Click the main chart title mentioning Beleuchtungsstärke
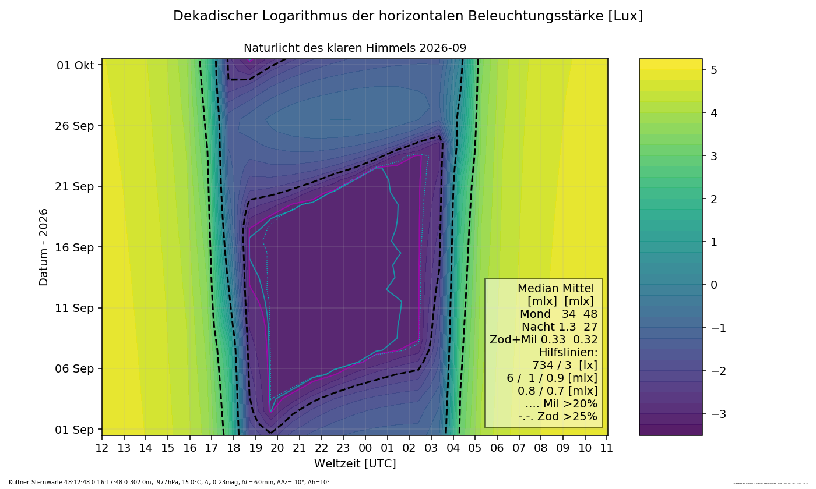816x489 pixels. [407, 16]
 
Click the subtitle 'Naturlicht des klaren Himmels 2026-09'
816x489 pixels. [354, 48]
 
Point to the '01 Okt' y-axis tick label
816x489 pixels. [75, 65]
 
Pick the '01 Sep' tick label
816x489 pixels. [76, 430]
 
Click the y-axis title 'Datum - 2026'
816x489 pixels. [44, 247]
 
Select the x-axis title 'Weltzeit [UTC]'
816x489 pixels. [355, 464]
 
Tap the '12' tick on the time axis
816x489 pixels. [102, 448]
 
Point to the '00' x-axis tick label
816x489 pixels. [365, 448]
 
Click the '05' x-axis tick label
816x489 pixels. [475, 448]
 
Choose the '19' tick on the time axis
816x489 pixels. [255, 448]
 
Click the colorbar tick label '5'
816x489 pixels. [713, 70]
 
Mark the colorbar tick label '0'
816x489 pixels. [713, 285]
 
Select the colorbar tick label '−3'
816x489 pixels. [716, 414]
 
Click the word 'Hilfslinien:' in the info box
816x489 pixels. [568, 352]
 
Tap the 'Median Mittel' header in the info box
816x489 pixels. [555, 288]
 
